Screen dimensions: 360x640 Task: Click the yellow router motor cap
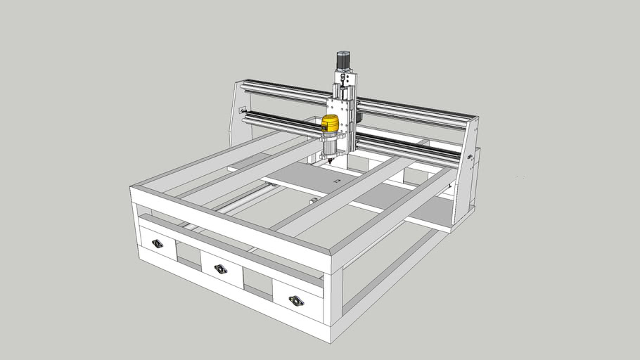tap(330, 124)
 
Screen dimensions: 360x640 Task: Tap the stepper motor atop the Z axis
tap(343, 62)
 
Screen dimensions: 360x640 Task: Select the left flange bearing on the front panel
tap(158, 244)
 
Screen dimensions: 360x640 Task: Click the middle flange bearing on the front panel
tap(221, 269)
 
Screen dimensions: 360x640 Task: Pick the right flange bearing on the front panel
tap(297, 301)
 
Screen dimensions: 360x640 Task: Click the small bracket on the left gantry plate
tap(243, 110)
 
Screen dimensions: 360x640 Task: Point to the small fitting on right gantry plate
tap(468, 157)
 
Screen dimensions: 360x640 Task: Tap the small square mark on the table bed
tap(336, 182)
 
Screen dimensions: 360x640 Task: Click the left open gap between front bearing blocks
tap(187, 254)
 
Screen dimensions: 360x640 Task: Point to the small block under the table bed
tap(312, 202)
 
